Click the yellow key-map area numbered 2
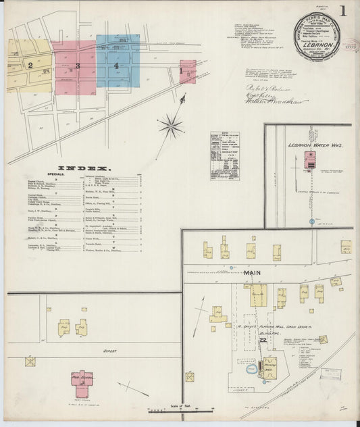30,66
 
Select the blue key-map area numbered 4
117,66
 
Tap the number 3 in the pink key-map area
78,66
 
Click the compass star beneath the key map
171,125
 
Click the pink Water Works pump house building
311,159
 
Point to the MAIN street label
251,273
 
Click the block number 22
262,339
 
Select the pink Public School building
82,381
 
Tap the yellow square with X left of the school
30,361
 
